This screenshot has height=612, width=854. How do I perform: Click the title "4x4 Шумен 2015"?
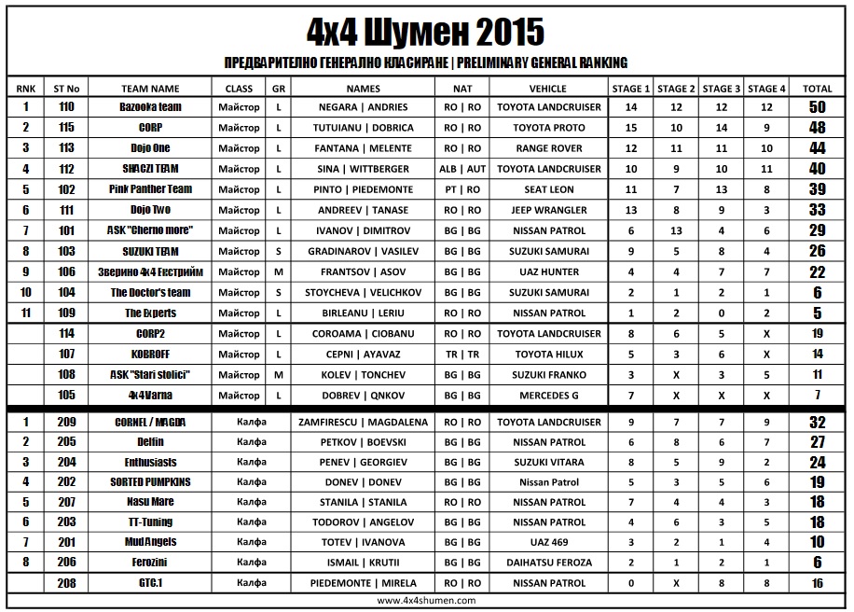(x=426, y=32)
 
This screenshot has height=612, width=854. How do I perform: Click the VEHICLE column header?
(x=548, y=89)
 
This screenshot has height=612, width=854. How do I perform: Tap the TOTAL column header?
(x=817, y=89)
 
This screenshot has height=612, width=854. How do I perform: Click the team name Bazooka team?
(x=150, y=107)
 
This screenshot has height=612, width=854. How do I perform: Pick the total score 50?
(x=817, y=107)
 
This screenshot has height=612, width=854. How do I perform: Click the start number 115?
(x=66, y=128)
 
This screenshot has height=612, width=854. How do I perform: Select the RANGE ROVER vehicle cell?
(x=548, y=148)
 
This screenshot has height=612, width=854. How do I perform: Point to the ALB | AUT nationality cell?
(x=462, y=169)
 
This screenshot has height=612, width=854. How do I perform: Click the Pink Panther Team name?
(x=150, y=189)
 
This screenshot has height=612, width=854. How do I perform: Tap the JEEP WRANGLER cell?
(x=548, y=210)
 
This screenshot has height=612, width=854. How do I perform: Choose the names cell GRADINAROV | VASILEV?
(x=364, y=251)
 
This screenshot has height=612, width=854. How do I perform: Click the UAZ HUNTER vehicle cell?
(x=548, y=272)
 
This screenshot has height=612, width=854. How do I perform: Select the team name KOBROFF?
(x=150, y=355)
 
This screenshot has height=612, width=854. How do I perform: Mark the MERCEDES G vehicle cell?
(x=548, y=396)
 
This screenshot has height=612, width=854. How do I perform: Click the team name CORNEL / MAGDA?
(x=150, y=422)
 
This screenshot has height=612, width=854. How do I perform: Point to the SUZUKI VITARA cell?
(x=548, y=462)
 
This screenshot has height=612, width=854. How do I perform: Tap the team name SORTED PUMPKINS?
(x=150, y=482)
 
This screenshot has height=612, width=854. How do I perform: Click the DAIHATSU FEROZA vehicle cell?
(x=548, y=563)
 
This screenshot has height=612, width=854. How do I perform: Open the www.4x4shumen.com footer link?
(x=426, y=602)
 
